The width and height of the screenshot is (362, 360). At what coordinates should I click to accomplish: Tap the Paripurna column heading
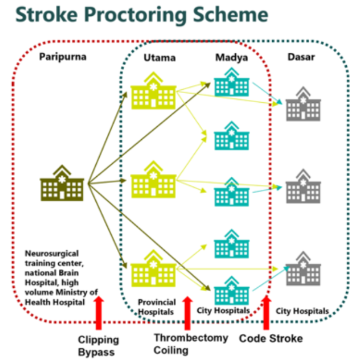coord(63,57)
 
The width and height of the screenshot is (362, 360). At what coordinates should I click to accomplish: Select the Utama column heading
coord(159,58)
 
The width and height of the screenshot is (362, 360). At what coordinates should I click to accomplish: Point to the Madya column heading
coord(232,58)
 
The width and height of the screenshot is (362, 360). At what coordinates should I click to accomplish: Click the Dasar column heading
coord(301,57)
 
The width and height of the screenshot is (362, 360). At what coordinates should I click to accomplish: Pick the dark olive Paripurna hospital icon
coord(62,183)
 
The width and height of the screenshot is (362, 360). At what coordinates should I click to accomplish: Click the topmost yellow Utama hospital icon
coord(153,91)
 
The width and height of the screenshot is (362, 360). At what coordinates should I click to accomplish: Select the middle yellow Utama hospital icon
coord(153,179)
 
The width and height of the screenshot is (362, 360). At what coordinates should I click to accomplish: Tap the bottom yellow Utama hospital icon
coord(153,268)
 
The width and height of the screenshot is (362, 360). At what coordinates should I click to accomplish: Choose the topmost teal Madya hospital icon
coord(232,82)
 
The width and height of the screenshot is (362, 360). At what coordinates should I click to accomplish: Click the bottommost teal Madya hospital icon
coord(232,290)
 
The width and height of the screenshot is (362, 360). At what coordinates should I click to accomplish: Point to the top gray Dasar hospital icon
coord(303,104)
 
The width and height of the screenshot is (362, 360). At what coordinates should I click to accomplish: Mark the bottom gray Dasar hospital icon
coord(303,268)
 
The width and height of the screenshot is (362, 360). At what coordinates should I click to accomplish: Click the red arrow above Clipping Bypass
coord(99,313)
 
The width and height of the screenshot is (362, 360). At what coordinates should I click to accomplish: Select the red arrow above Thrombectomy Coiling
coord(187,313)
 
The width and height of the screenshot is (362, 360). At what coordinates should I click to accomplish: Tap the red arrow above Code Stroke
coord(266,313)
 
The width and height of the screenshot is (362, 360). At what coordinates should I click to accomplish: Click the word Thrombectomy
coord(191,338)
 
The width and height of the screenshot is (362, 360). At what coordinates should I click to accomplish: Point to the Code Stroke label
coord(271,339)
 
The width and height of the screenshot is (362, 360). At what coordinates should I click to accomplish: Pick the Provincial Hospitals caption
coord(156,307)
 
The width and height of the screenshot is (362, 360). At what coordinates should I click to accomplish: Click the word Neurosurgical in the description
coord(52,253)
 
